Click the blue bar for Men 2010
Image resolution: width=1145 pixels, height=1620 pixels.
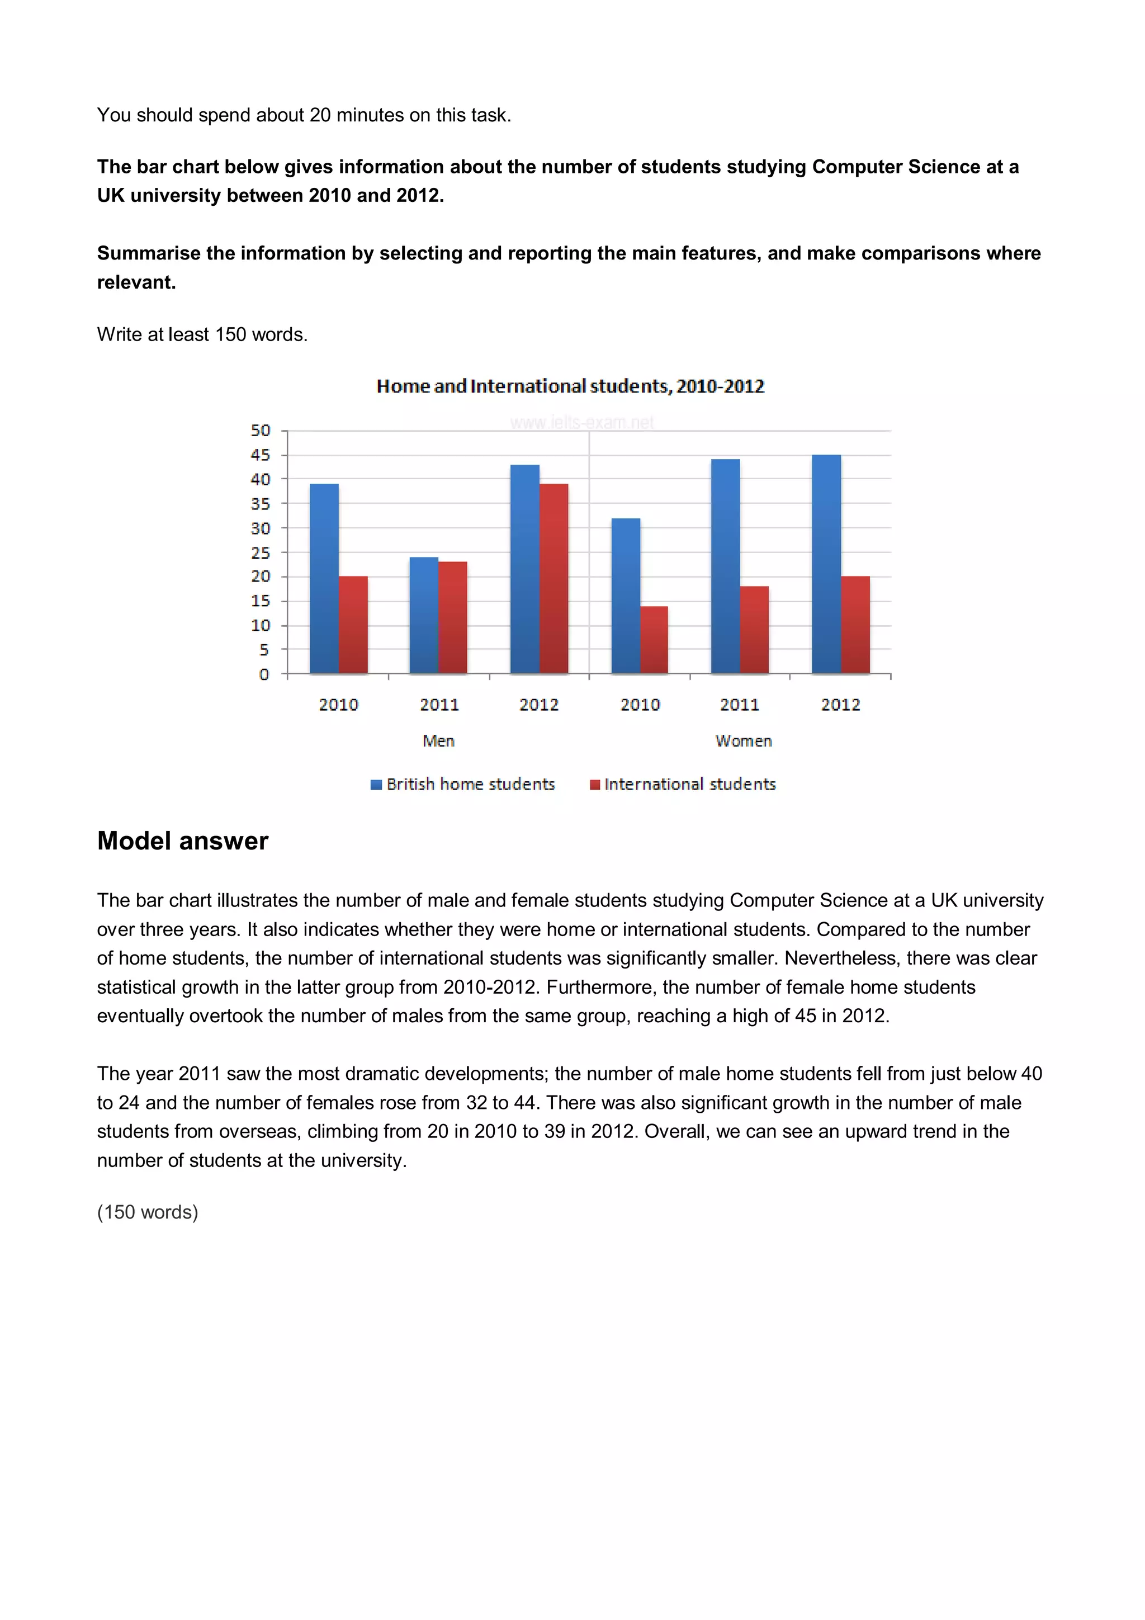coord(324,579)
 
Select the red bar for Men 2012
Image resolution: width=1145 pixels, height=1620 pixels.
coord(554,579)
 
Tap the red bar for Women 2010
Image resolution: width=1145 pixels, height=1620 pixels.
coord(654,639)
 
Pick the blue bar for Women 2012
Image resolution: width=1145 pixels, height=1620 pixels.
coord(826,564)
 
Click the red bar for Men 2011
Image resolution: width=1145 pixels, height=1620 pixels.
coord(453,617)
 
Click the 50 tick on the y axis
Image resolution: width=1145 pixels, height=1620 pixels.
coord(261,431)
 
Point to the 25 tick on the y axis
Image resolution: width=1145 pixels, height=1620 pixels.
coord(261,553)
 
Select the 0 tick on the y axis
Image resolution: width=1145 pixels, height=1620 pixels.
coord(264,674)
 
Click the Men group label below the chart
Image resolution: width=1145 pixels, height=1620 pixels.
coord(438,741)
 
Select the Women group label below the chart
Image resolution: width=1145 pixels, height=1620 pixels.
coord(744,741)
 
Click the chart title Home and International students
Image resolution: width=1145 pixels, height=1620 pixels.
coord(570,386)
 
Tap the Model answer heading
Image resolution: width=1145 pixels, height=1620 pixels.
coord(183,841)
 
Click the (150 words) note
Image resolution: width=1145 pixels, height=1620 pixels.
coord(148,1212)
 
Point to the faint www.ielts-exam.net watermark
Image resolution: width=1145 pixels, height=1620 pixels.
coord(582,423)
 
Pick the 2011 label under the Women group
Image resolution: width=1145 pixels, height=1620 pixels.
coord(739,704)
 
